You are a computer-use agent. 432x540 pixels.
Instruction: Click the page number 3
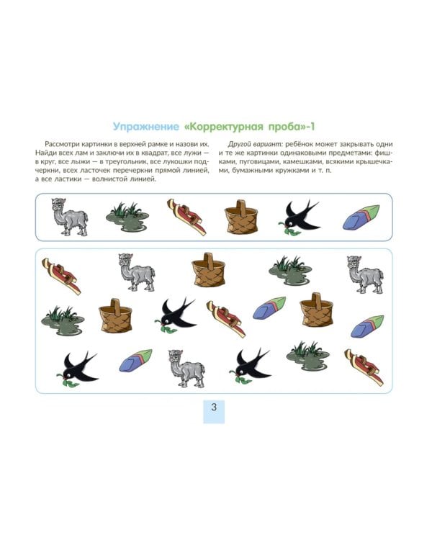214,407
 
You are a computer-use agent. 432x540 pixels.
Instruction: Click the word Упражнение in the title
146,127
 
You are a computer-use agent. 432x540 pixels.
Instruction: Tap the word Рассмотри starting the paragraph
61,144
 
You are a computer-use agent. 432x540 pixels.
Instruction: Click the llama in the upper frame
69,217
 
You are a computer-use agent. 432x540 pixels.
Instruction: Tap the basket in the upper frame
240,217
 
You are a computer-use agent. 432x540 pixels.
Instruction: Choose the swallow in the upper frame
299,217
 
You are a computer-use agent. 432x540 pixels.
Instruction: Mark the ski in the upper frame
186,217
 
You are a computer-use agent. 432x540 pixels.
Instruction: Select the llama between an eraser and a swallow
186,369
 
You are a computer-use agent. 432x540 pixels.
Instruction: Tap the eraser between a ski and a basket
269,308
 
